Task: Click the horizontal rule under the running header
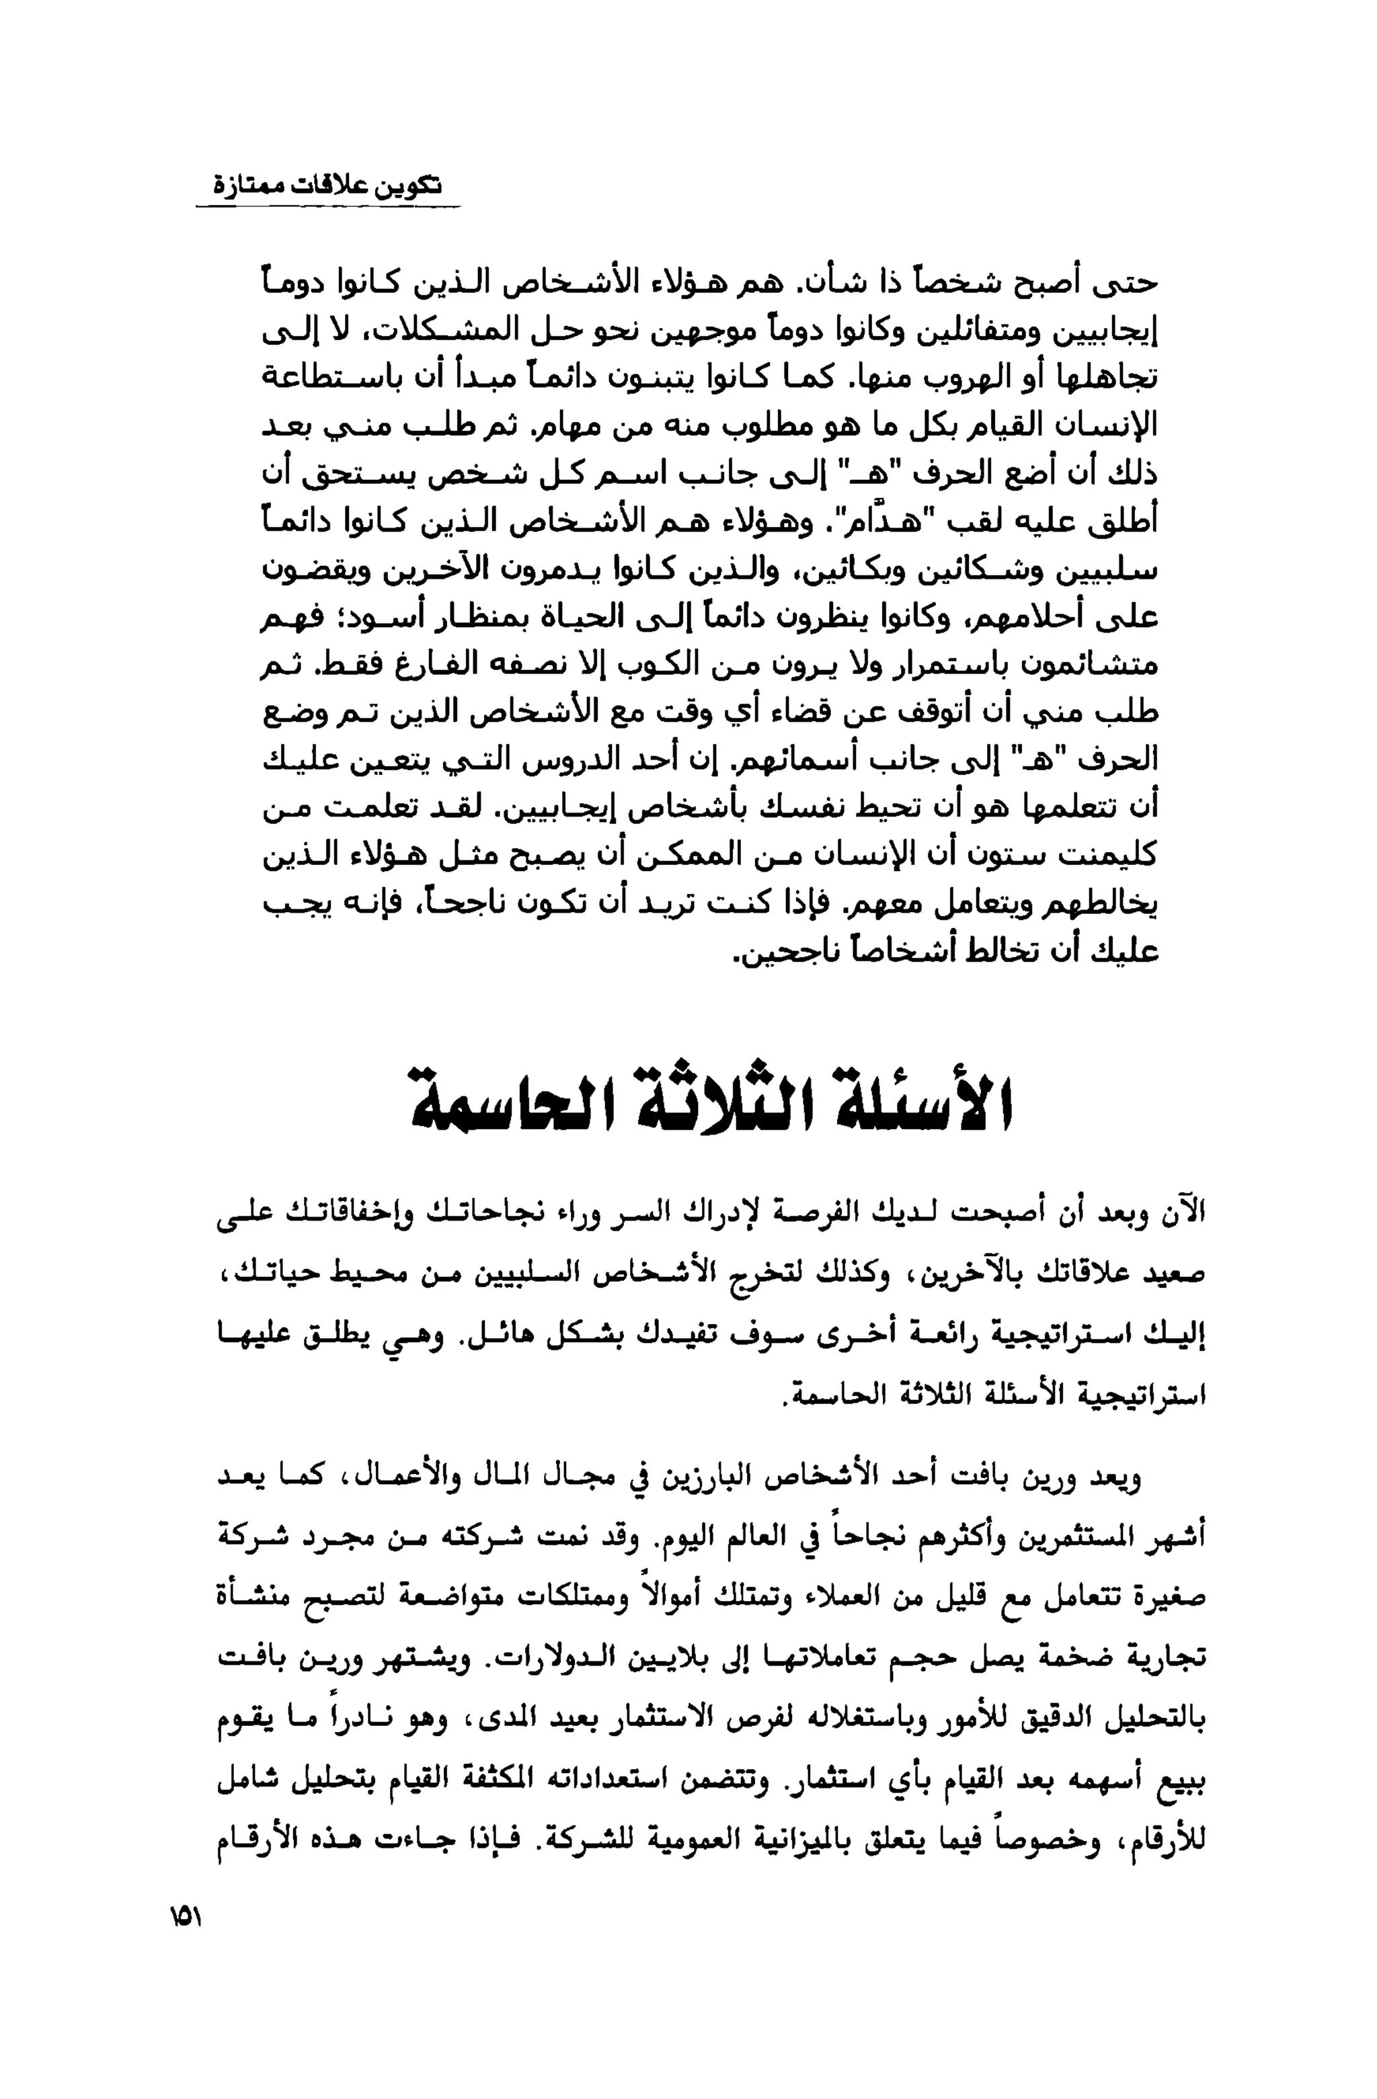(x=327, y=208)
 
